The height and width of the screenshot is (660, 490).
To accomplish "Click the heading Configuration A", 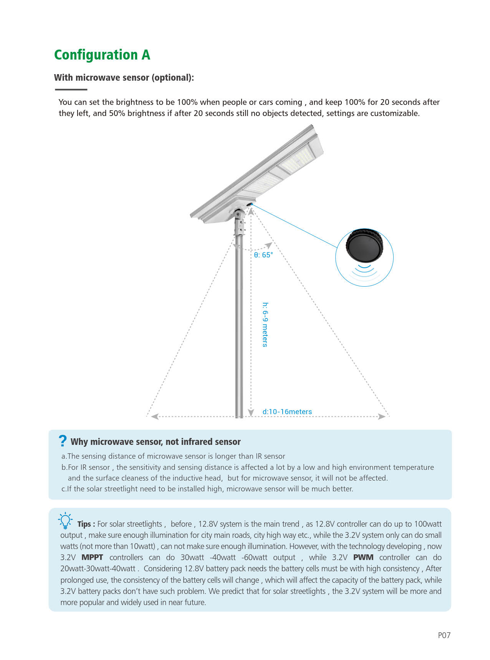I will coord(102,55).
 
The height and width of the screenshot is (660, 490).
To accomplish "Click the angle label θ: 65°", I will coord(263,255).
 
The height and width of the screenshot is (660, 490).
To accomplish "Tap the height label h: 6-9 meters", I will coord(265,325).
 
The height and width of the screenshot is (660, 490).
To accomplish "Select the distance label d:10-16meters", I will coord(287,411).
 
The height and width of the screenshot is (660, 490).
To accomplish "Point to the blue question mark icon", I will coord(63,441).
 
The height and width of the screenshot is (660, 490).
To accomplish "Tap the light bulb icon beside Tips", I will coord(65,521).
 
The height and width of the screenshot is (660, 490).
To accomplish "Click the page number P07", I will coord(444,635).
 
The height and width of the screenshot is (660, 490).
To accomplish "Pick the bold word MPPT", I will coord(92,557).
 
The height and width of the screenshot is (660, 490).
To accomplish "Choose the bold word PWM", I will coord(363,557).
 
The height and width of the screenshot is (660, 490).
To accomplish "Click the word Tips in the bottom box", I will coord(84,524).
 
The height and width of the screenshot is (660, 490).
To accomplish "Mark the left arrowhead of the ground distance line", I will coord(154,416).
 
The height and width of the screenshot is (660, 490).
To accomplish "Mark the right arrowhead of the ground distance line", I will coord(382,416).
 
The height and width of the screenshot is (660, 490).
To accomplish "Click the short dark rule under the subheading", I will coord(71,90).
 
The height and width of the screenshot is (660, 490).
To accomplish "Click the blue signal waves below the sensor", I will coord(364,271).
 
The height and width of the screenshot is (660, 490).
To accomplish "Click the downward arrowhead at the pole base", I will coord(251,413).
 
